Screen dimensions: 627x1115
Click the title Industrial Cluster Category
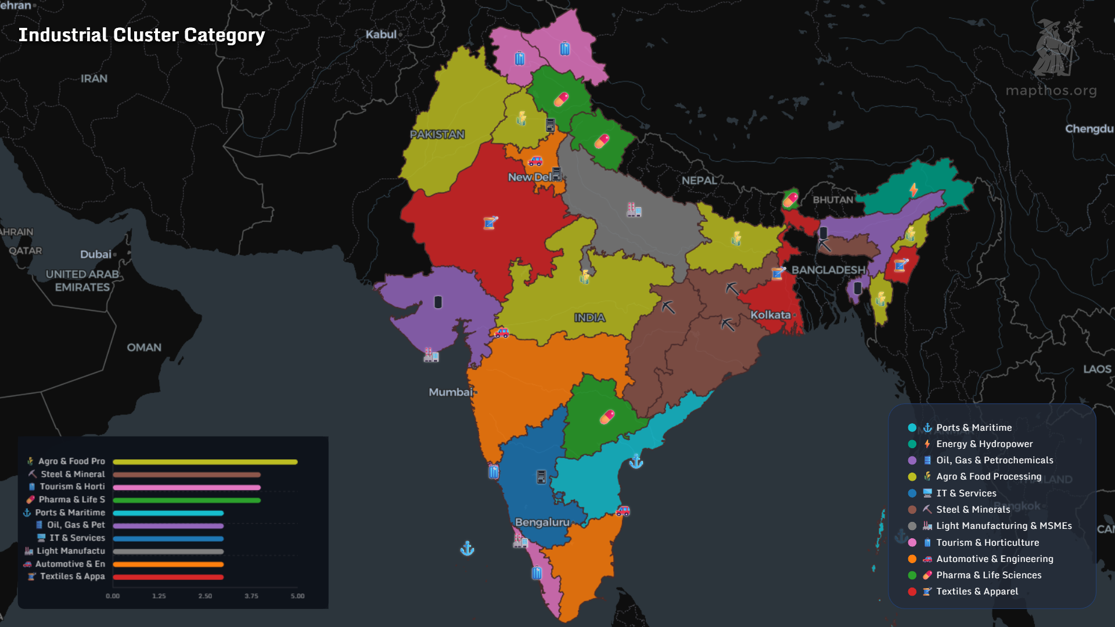coord(141,35)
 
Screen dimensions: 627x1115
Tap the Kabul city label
coord(381,34)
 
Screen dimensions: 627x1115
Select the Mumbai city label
coord(451,392)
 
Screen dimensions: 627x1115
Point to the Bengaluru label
coord(542,522)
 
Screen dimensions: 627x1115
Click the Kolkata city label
coord(771,315)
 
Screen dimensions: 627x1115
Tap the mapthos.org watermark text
coord(1051,91)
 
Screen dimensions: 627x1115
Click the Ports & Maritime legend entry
coord(973,427)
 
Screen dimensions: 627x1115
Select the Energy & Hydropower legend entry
coord(984,444)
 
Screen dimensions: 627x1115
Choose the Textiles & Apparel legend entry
coord(977,591)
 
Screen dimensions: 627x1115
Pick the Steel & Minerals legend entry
coord(973,509)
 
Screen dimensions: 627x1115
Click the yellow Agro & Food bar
coord(205,462)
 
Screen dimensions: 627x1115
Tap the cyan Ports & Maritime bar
coord(168,513)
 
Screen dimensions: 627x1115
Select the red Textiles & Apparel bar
coord(168,576)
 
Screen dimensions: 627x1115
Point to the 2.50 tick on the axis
coord(205,596)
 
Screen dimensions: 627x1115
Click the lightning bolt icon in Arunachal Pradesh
coord(913,190)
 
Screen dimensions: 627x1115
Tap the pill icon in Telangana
coord(607,417)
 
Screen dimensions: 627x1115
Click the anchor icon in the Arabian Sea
coord(467,548)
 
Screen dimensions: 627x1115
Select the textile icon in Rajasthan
coord(491,222)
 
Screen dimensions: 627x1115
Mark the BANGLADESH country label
coord(828,270)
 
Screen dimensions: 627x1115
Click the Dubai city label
coord(96,254)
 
